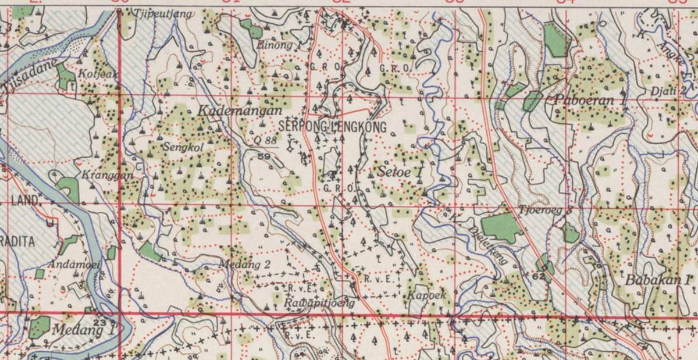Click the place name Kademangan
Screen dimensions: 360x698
click(x=240, y=111)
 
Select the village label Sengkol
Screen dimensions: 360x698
click(x=183, y=148)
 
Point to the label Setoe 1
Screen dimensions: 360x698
click(x=400, y=172)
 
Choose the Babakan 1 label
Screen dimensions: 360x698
click(x=658, y=280)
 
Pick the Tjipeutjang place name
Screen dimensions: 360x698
click(x=163, y=13)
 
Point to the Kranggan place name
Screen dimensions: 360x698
click(x=104, y=174)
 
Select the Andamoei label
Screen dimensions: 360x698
click(x=74, y=265)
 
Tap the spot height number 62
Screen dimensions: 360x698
click(x=538, y=276)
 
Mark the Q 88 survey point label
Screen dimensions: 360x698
click(x=265, y=140)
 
